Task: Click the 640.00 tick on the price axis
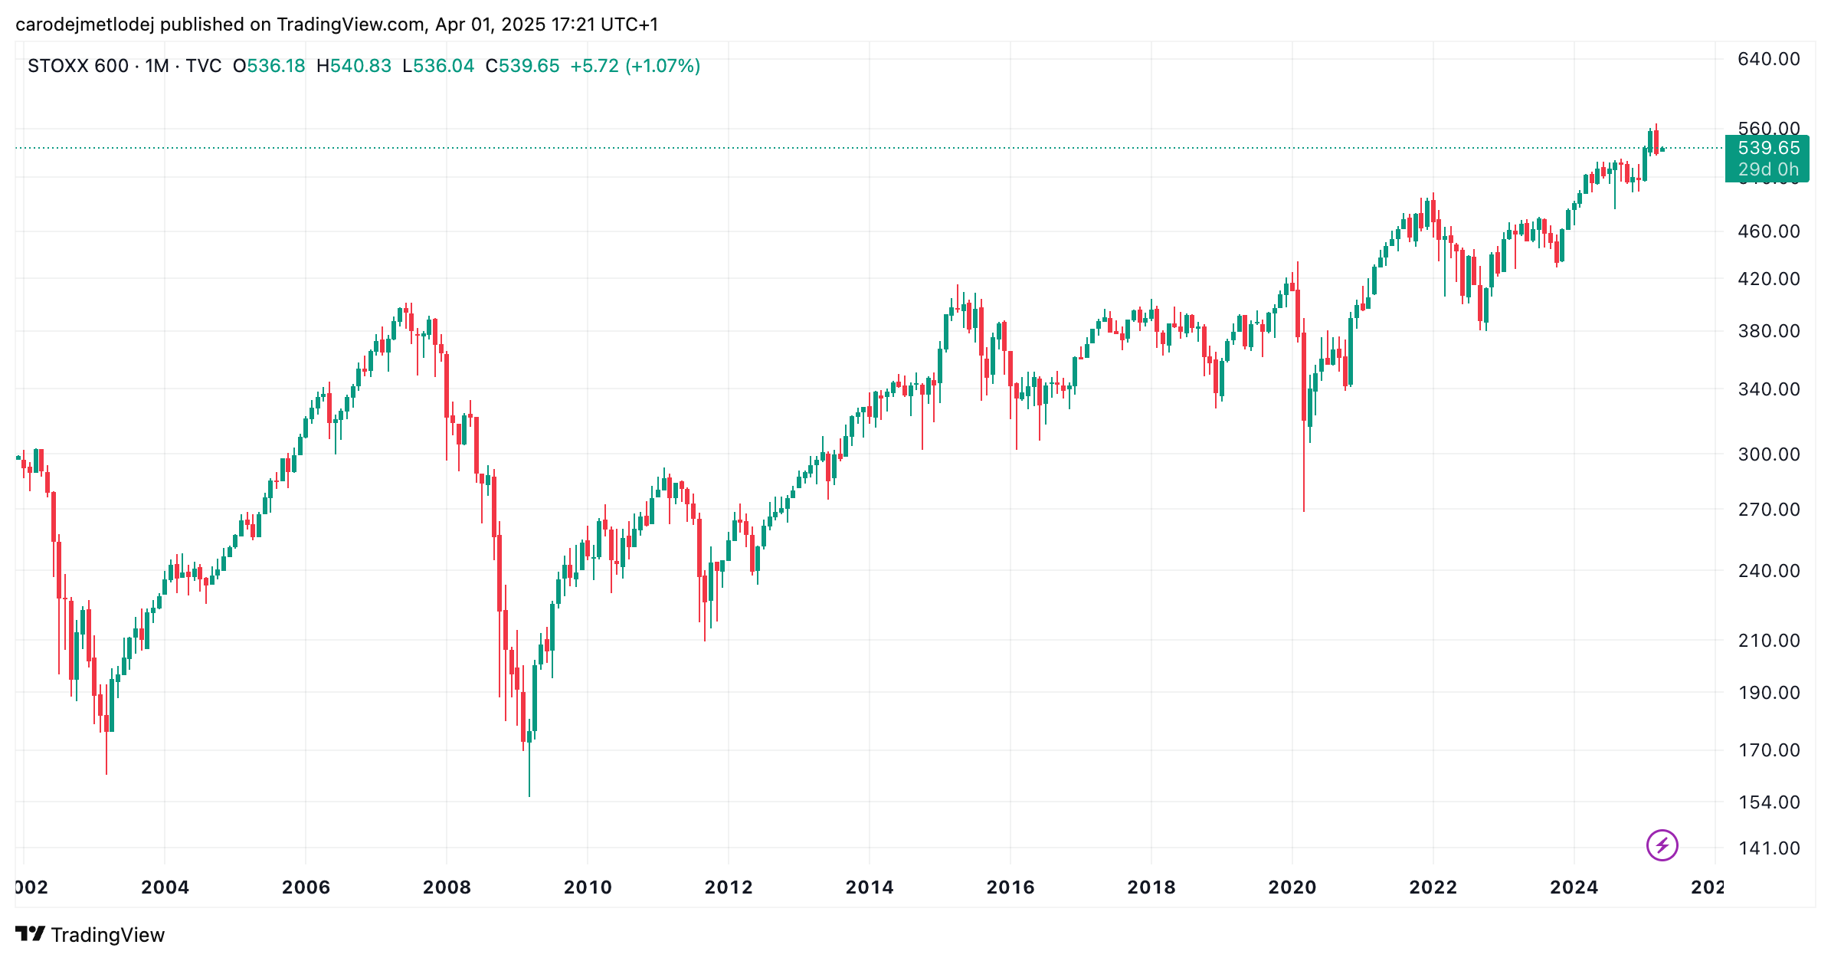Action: coord(1768,59)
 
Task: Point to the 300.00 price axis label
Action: coord(1768,454)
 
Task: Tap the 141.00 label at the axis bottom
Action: coord(1768,848)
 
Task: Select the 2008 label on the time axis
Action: coord(447,887)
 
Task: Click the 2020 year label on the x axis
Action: coord(1292,887)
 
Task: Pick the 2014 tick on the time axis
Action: coord(869,887)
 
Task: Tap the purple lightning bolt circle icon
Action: coord(1662,845)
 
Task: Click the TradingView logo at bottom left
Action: coord(90,934)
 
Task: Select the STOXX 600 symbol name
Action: coord(77,66)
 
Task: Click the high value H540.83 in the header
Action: coord(353,66)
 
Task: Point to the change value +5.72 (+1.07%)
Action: coord(635,66)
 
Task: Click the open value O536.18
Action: coord(269,66)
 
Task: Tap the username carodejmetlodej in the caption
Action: coord(84,25)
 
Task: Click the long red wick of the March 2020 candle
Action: coord(1304,467)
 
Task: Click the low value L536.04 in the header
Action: coord(438,66)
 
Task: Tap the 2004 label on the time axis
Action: coord(165,887)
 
